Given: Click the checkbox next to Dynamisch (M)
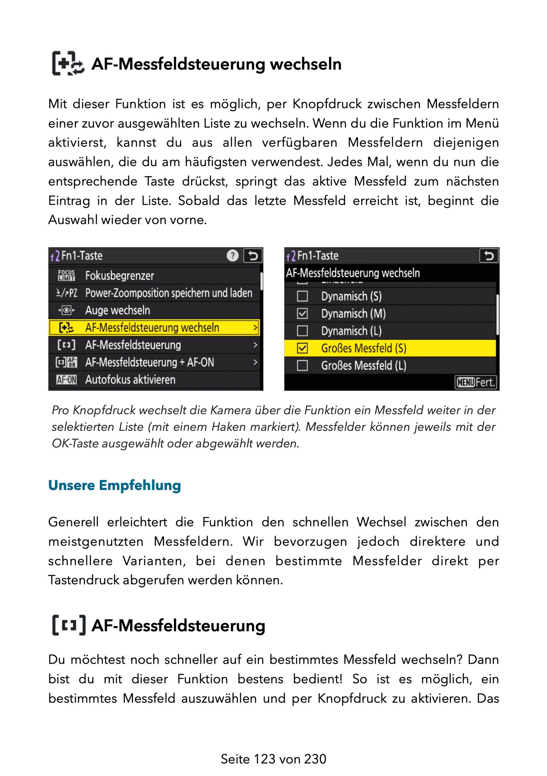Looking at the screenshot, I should click(x=302, y=314).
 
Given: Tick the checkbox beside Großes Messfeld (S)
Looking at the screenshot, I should click(x=302, y=348).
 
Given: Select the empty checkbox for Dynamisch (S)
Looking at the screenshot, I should click(x=302, y=296).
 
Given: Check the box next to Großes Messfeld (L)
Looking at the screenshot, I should click(x=302, y=365).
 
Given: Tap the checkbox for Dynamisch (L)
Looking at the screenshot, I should click(x=302, y=331).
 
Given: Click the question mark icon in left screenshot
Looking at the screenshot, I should click(x=232, y=255).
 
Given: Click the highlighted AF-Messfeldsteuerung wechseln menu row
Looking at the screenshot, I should click(x=154, y=327).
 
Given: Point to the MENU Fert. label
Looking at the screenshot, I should click(x=475, y=382).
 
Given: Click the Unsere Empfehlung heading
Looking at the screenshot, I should click(x=114, y=485).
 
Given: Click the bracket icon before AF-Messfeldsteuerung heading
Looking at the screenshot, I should click(x=69, y=625).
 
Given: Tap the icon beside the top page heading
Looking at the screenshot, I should click(x=68, y=63).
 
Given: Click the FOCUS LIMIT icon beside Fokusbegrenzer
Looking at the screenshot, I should click(x=66, y=276).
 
